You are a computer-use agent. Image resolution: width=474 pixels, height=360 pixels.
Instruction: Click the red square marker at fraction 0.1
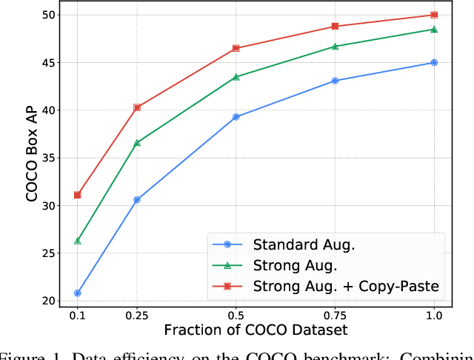click(x=77, y=195)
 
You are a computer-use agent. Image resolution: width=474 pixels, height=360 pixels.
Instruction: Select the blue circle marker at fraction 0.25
click(x=137, y=200)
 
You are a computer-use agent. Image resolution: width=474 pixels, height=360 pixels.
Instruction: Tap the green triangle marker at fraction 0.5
click(x=236, y=77)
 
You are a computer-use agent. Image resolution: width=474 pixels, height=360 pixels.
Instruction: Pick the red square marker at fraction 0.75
click(x=335, y=26)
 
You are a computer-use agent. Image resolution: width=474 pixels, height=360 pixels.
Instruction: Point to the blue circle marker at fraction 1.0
click(x=434, y=63)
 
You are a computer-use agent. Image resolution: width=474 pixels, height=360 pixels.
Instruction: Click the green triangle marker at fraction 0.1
click(x=77, y=241)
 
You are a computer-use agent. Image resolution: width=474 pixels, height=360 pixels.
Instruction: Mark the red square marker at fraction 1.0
click(x=434, y=15)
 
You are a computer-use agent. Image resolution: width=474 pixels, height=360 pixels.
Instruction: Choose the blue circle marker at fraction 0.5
click(x=236, y=117)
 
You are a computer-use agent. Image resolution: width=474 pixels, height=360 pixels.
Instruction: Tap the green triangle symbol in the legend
click(x=228, y=265)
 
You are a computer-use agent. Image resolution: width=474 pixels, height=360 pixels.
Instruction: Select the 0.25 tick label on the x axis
click(x=137, y=315)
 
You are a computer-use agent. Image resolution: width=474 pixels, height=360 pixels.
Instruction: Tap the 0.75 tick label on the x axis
click(x=335, y=315)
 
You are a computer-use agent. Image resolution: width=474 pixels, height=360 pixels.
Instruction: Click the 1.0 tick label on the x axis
click(x=434, y=315)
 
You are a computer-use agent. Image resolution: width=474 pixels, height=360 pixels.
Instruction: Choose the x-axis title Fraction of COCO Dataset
click(x=256, y=330)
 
